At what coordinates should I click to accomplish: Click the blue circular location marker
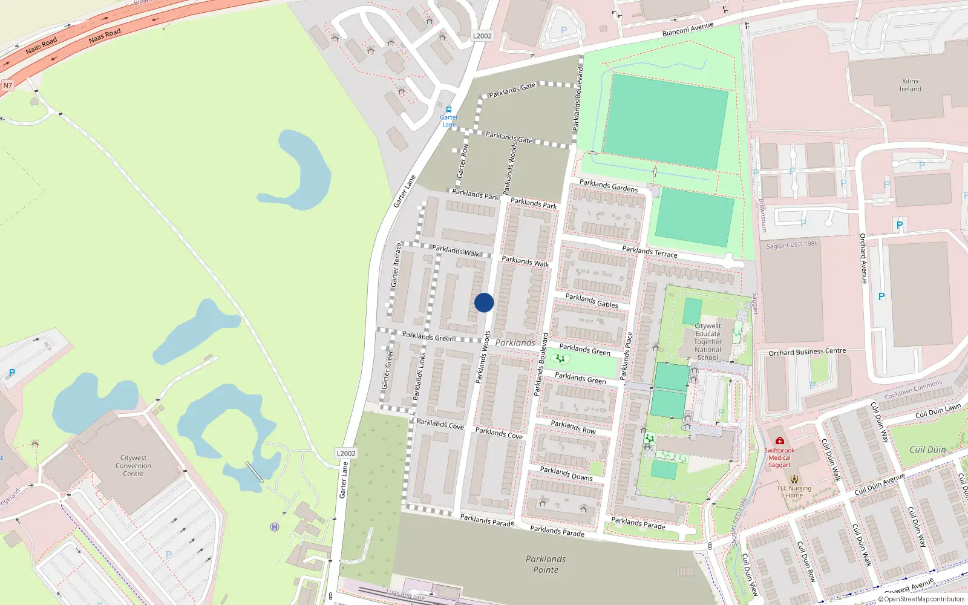(484, 302)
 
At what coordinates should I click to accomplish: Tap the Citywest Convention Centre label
(133, 466)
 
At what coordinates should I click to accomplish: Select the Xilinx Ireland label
(910, 85)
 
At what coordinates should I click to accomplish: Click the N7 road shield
(7, 85)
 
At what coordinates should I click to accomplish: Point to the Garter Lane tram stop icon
(449, 110)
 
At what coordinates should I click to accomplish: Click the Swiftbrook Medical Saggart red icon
(780, 441)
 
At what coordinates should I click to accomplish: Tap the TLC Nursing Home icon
(794, 479)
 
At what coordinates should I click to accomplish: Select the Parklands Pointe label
(546, 564)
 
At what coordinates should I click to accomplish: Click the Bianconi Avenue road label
(688, 29)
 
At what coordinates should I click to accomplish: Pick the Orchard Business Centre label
(807, 352)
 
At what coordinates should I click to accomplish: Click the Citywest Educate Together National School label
(708, 342)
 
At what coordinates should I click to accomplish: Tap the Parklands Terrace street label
(650, 251)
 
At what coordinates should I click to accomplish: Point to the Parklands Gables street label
(592, 301)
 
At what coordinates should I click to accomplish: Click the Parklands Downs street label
(566, 473)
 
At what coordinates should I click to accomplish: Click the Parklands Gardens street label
(609, 186)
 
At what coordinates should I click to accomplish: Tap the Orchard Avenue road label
(864, 258)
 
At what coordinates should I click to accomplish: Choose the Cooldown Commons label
(914, 390)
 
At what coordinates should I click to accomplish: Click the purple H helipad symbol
(275, 527)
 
